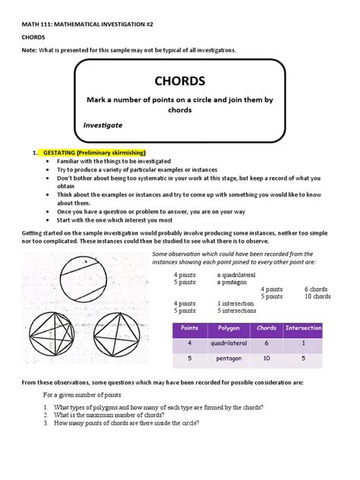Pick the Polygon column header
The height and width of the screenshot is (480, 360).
click(229, 328)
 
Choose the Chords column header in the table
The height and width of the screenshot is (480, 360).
click(267, 328)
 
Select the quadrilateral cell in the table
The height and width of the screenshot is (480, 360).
click(229, 343)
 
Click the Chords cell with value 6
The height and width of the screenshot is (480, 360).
click(267, 343)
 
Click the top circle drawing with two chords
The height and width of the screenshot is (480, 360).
click(72, 273)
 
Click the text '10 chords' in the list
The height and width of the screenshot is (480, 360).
click(317, 296)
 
